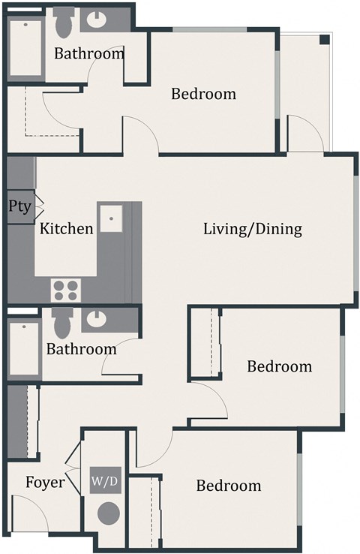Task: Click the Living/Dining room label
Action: pyautogui.click(x=253, y=230)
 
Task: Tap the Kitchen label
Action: pyautogui.click(x=67, y=229)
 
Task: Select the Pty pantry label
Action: pyautogui.click(x=19, y=206)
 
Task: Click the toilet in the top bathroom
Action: pyautogui.click(x=64, y=23)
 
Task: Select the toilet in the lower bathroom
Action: pyautogui.click(x=63, y=323)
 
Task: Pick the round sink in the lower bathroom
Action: pyautogui.click(x=97, y=320)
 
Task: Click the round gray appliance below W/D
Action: pyautogui.click(x=109, y=514)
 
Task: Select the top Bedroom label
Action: pyautogui.click(x=203, y=95)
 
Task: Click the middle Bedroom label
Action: pyautogui.click(x=279, y=366)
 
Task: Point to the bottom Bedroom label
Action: pyautogui.click(x=229, y=486)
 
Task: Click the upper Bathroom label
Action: pyautogui.click(x=88, y=54)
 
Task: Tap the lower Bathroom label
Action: pyautogui.click(x=81, y=349)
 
